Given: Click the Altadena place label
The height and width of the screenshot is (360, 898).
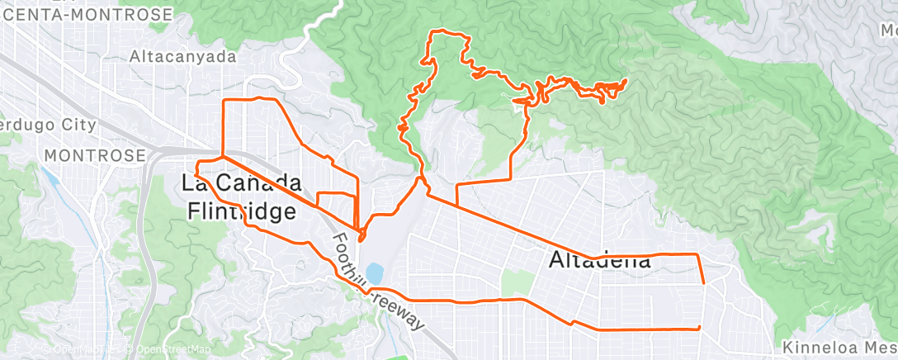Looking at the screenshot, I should pyautogui.click(x=600, y=261).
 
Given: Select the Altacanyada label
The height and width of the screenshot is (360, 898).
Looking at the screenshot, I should pyautogui.click(x=183, y=58).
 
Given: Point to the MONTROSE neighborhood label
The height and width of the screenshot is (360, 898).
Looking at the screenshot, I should pyautogui.click(x=95, y=155).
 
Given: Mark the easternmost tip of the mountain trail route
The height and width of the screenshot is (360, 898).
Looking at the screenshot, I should pyautogui.click(x=626, y=80).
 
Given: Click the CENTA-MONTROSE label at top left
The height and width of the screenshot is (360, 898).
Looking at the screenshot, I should pyautogui.click(x=87, y=15).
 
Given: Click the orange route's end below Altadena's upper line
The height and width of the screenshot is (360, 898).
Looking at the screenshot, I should pyautogui.click(x=703, y=282).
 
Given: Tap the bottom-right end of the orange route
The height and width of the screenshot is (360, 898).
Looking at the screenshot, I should pyautogui.click(x=699, y=328).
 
